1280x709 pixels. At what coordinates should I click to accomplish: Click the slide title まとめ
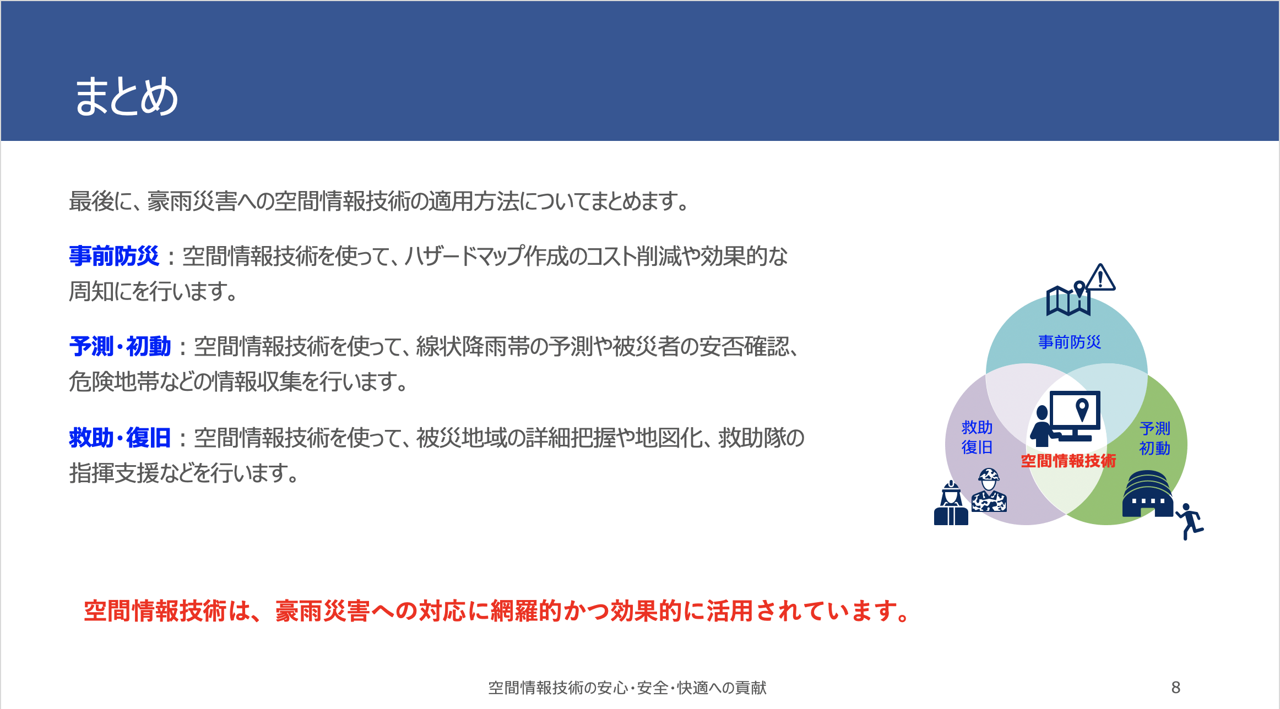coord(126,96)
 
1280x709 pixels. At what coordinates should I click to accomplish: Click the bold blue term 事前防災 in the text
coord(114,256)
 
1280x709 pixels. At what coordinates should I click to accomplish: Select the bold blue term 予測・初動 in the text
coord(120,346)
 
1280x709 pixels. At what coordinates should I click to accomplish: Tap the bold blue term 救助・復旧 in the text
coord(120,438)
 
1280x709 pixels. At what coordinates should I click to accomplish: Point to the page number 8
coord(1175,687)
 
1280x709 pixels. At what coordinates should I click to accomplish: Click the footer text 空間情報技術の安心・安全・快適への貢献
coord(627,688)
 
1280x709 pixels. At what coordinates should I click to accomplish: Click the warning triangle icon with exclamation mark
coord(1100,277)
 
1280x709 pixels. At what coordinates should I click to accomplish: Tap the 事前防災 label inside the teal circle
coord(1070,342)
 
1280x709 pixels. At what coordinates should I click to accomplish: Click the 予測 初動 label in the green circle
coord(1154,438)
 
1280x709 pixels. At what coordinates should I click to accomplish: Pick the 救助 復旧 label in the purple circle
coord(977,437)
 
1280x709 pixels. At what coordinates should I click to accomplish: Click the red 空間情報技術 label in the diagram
coord(1069,461)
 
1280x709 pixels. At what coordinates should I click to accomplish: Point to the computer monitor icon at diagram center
coord(1075,416)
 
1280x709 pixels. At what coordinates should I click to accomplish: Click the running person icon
coord(1190,521)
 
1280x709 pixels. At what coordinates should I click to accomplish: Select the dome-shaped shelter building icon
coord(1148,494)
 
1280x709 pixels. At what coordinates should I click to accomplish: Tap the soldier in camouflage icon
coord(989,490)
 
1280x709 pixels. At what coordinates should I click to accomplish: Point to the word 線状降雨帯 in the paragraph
coord(473,346)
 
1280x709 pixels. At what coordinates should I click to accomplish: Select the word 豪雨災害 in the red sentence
coord(323,611)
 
